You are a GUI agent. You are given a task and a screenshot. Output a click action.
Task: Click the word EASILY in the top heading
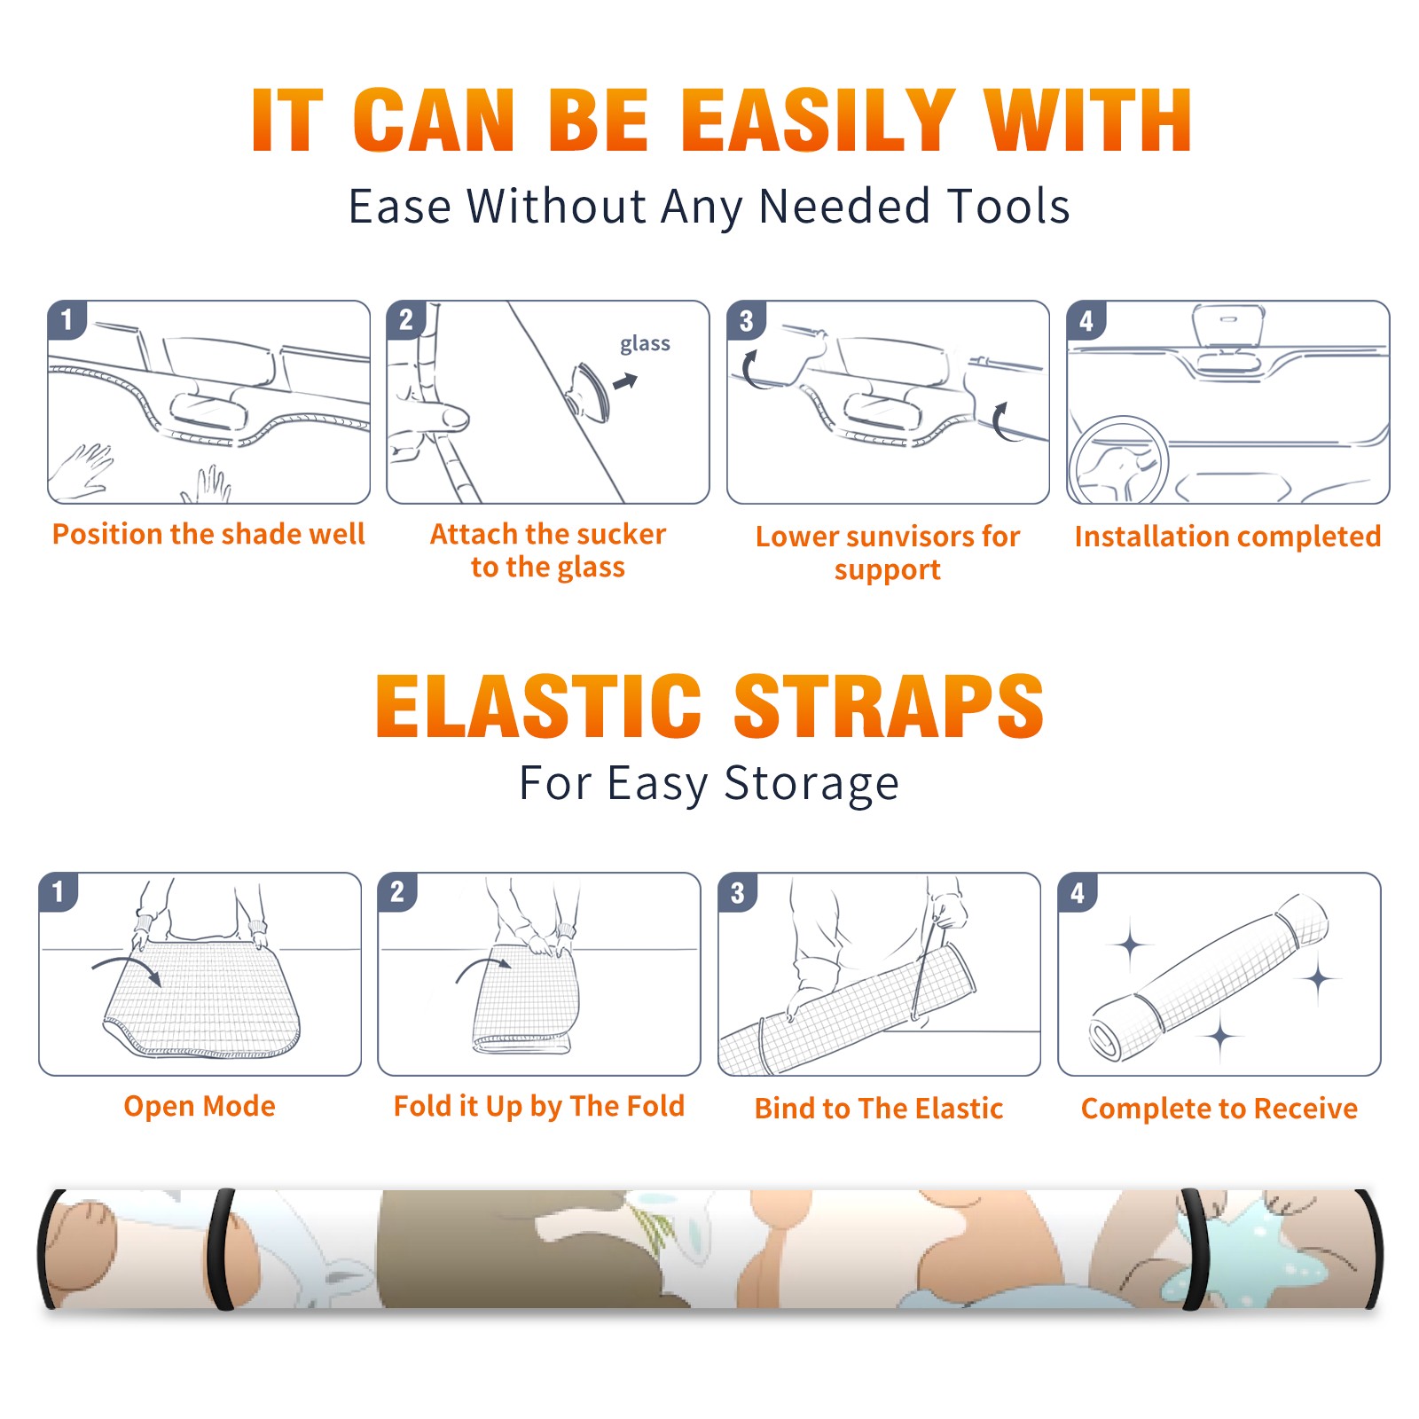818,121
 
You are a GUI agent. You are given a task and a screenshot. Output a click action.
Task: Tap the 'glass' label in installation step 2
645,344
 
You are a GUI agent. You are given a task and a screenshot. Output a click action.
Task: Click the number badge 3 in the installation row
747,320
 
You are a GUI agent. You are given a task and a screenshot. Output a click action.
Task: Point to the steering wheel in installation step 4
1119,461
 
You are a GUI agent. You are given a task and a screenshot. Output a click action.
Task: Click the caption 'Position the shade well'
208,534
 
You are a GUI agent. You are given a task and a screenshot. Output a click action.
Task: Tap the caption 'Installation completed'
1227,537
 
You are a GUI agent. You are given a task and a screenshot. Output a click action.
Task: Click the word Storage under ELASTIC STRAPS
811,784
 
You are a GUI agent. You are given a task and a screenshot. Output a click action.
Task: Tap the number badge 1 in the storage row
59,891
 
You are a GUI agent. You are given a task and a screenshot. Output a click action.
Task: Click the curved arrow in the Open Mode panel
128,968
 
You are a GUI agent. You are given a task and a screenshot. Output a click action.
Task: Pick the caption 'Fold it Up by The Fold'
539,1107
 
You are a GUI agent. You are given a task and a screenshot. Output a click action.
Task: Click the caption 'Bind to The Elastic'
879,1109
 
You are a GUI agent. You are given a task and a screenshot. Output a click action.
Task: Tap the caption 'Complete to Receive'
1219,1109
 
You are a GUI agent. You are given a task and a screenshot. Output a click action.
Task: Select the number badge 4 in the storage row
1078,891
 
